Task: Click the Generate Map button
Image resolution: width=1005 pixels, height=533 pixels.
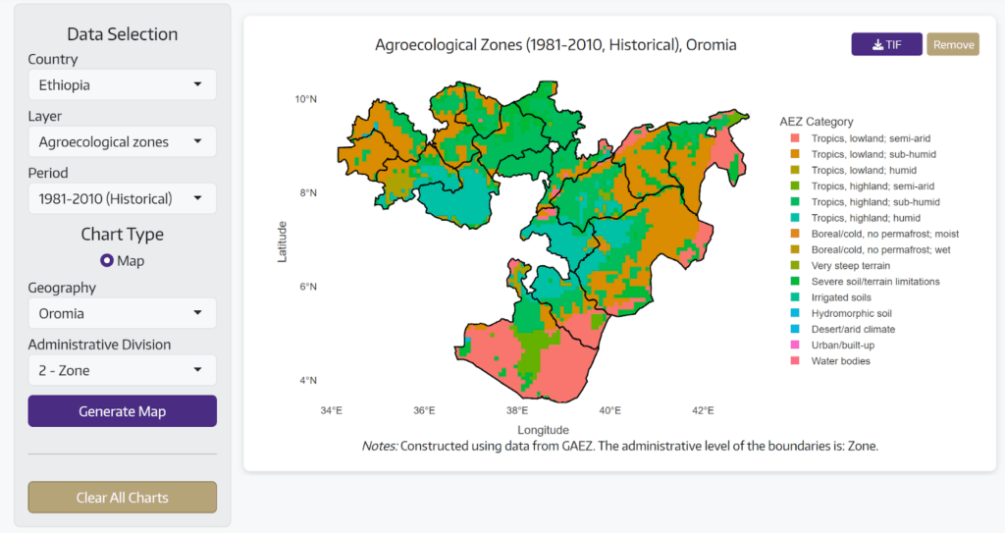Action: pyautogui.click(x=122, y=411)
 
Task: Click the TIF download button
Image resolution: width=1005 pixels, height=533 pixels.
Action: pyautogui.click(x=886, y=44)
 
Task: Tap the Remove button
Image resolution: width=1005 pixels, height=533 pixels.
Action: pyautogui.click(x=953, y=44)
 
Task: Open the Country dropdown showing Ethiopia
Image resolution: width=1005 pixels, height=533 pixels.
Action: pyautogui.click(x=122, y=84)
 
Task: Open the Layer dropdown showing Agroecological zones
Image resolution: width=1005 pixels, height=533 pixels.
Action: pyautogui.click(x=122, y=141)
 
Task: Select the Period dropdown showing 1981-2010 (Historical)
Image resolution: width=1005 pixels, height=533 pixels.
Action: pyautogui.click(x=122, y=198)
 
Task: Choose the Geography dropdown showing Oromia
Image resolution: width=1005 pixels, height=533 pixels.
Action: pyautogui.click(x=122, y=313)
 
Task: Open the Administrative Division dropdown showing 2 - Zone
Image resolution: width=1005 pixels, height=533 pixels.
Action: pyautogui.click(x=122, y=370)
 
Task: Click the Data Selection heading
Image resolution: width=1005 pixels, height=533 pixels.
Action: pyautogui.click(x=122, y=34)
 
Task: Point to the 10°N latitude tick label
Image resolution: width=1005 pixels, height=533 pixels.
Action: pyautogui.click(x=305, y=99)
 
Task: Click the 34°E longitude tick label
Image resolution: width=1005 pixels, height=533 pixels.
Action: pyautogui.click(x=331, y=410)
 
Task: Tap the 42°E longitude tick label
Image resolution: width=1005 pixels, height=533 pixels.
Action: pyautogui.click(x=703, y=410)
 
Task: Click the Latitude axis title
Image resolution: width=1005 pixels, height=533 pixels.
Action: pyautogui.click(x=283, y=240)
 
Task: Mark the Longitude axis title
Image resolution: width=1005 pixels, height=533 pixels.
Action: pyautogui.click(x=543, y=430)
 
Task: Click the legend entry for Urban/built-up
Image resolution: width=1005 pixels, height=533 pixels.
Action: pyautogui.click(x=842, y=345)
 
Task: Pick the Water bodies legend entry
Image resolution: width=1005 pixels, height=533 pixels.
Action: pyautogui.click(x=839, y=361)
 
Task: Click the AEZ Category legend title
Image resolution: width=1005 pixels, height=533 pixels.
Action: pyautogui.click(x=816, y=122)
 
